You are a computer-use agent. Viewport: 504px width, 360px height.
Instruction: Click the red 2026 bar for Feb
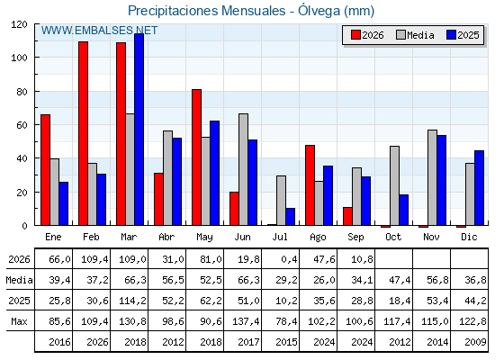[x=83, y=133]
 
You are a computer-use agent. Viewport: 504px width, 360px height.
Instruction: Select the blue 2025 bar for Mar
[x=139, y=130]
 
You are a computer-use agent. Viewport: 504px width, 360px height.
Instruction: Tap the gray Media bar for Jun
[x=243, y=169]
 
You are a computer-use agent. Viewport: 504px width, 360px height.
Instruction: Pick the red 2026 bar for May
[x=197, y=157]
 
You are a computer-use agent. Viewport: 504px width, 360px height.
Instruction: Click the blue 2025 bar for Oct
[x=404, y=210]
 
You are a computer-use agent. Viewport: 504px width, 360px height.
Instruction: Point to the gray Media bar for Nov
[x=432, y=177]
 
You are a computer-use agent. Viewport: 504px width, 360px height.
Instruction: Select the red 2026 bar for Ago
[x=310, y=185]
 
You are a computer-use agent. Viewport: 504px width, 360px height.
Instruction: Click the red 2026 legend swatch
[x=355, y=35]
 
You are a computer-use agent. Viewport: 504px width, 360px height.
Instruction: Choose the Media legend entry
[x=415, y=35]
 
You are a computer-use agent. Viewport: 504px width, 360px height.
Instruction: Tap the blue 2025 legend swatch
[x=451, y=35]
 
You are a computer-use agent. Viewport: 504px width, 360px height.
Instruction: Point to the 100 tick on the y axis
[x=19, y=58]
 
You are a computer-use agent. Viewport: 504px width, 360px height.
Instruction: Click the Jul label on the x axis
[x=280, y=238]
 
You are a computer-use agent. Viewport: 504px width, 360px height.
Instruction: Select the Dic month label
[x=469, y=238]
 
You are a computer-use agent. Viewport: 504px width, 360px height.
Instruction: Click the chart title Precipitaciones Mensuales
[x=207, y=11]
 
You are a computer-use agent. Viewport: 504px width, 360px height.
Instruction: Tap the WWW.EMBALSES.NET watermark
[x=99, y=31]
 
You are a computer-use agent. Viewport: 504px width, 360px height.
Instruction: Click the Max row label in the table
[x=19, y=321]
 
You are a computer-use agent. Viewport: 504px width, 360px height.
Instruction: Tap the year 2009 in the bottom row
[x=475, y=342]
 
